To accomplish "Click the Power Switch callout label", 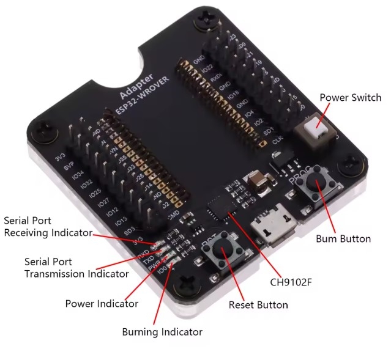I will click(x=351, y=98).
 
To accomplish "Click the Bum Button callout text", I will click(x=343, y=238).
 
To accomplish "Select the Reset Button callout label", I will click(x=258, y=304).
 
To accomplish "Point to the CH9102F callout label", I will click(x=296, y=283).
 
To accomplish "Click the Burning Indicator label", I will click(x=162, y=332).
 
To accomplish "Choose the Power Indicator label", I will click(x=102, y=303).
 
